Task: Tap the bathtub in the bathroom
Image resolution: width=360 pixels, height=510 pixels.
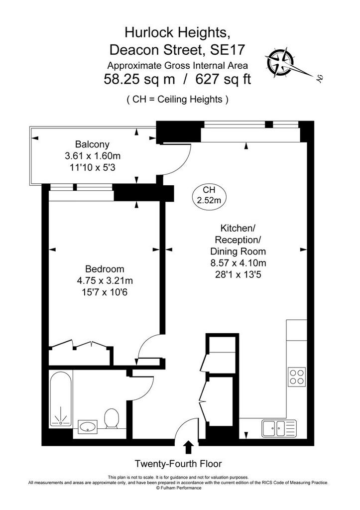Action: click(60, 398)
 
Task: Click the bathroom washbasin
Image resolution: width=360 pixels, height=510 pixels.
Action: click(88, 426)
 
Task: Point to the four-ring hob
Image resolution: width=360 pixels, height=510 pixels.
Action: click(297, 377)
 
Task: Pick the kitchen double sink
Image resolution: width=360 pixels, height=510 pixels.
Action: click(279, 429)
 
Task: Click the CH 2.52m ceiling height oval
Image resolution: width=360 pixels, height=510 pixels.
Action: click(209, 195)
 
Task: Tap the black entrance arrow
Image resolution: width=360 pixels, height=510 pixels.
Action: click(188, 447)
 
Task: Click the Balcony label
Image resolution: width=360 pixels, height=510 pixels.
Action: click(92, 144)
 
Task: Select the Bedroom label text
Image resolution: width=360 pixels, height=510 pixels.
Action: click(105, 269)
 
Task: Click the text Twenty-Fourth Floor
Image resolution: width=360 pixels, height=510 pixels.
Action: click(178, 464)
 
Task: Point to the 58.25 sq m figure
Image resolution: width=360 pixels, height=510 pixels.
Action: click(139, 79)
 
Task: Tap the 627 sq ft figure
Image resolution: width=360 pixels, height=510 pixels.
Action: click(223, 79)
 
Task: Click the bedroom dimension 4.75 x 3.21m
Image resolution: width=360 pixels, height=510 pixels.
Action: click(105, 280)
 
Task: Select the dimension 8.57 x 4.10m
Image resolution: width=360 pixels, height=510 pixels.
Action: click(239, 263)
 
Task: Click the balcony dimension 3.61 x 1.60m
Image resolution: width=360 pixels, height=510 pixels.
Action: click(93, 156)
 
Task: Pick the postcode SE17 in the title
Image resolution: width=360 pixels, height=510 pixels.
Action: click(227, 50)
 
